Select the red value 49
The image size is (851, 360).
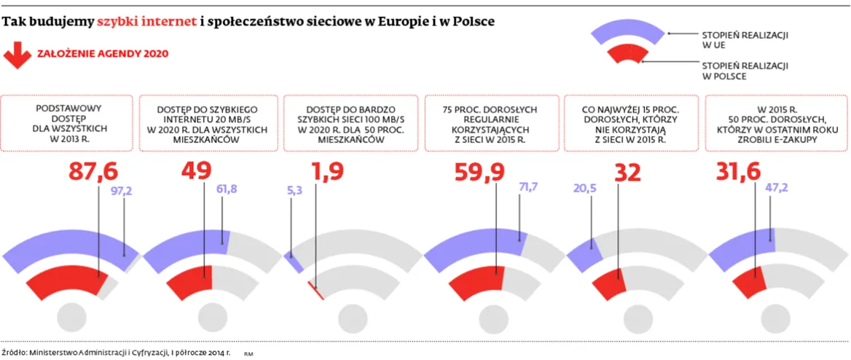point(195,171)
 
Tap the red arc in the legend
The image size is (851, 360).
point(627,56)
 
